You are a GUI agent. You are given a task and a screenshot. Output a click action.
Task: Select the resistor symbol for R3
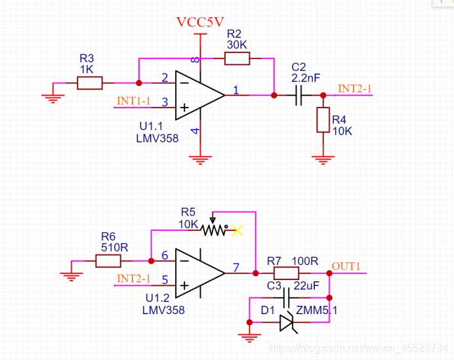point(90,83)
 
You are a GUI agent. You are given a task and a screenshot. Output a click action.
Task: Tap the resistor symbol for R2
point(237,59)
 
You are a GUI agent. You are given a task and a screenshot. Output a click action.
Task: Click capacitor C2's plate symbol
point(299,95)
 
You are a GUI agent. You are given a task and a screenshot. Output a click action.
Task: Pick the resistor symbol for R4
point(322,120)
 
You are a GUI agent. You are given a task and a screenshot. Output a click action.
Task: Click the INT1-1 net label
point(134,101)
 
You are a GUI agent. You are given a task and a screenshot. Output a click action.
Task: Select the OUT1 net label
point(346,266)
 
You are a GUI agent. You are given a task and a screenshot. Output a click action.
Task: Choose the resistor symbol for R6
point(108,261)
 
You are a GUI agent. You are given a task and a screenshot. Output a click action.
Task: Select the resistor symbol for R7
point(286,273)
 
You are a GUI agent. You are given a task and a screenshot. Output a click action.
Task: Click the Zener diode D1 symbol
point(287,322)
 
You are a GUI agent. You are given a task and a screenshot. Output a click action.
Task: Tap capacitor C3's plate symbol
point(286,298)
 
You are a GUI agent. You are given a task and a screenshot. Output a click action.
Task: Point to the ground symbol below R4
point(322,158)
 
